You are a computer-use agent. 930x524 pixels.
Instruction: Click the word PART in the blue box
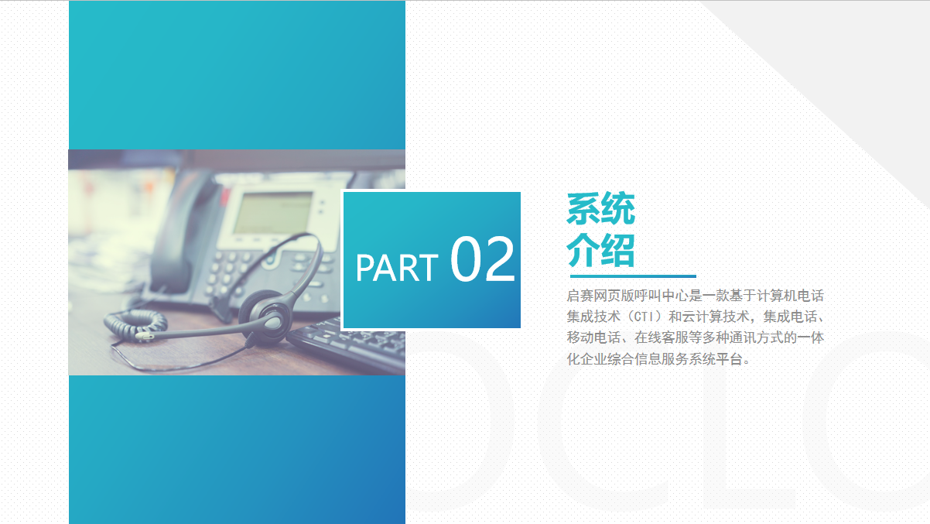[397, 268]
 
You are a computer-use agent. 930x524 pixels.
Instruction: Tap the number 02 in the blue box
[483, 259]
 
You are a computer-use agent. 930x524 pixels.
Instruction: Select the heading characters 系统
[600, 209]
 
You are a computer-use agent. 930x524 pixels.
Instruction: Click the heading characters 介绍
[600, 250]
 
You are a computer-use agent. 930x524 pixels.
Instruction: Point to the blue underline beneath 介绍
[633, 276]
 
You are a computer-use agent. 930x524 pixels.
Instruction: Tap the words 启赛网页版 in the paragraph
[600, 296]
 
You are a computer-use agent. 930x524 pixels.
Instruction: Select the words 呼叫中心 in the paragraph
[662, 296]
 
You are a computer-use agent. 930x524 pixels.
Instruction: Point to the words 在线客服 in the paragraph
[662, 337]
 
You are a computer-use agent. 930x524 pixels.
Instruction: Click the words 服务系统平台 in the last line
[703, 358]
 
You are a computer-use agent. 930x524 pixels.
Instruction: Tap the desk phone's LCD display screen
[273, 213]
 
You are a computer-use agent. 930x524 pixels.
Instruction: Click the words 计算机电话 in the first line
[791, 296]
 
